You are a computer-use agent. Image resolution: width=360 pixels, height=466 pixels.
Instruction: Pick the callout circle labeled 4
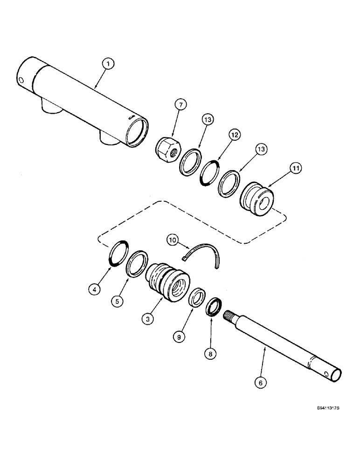pos(95,289)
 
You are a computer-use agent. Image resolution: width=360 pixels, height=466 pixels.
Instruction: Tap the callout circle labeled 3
pos(149,319)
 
